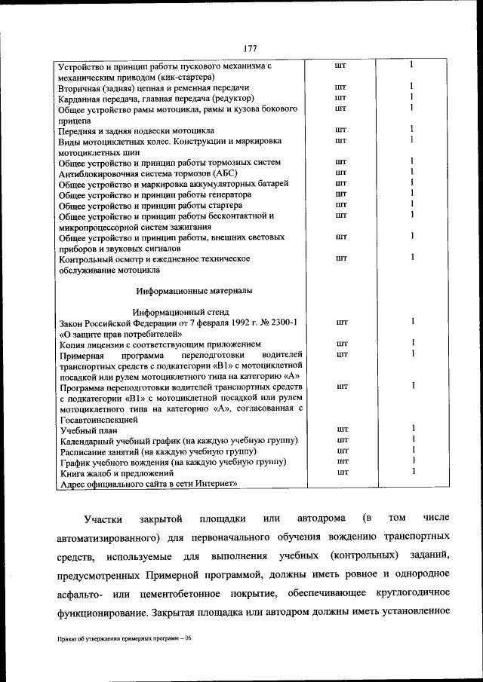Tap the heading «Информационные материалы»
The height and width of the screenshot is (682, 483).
point(194,290)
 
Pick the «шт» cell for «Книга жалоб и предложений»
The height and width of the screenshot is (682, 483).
point(341,472)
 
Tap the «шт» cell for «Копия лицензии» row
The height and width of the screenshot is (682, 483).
point(341,344)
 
